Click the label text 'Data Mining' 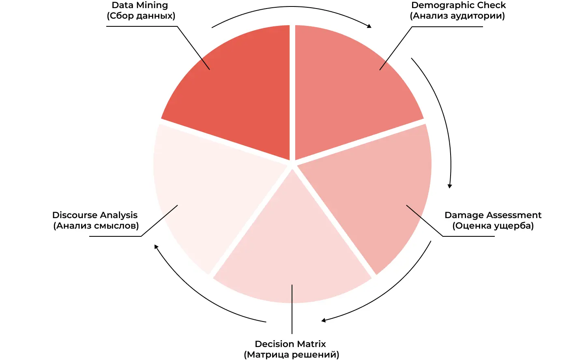(140, 5)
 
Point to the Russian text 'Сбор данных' (141, 16)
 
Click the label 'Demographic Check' (459, 5)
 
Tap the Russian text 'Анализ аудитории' (457, 16)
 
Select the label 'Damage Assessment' (493, 215)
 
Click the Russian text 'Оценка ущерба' (493, 225)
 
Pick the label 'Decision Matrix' (290, 344)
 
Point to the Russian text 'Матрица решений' (292, 354)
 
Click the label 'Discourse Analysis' (94, 215)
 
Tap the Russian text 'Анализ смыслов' (96, 225)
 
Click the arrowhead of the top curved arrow (369, 26)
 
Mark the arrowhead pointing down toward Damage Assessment (450, 186)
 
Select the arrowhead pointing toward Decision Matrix (324, 320)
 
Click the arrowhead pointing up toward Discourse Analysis (156, 246)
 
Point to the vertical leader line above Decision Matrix (292, 309)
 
